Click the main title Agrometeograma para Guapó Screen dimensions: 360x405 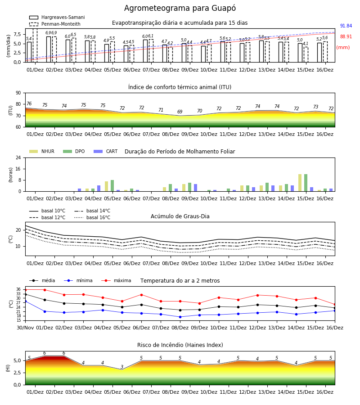point(180,8)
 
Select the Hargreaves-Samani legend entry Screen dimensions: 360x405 point(57,17)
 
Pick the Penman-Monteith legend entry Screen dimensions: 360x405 point(55,24)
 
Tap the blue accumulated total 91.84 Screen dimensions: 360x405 point(346,26)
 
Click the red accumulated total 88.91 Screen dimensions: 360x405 point(346,37)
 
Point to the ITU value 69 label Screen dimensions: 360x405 point(180,112)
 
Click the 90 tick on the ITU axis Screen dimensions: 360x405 point(18,93)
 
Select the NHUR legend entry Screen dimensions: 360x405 point(42,151)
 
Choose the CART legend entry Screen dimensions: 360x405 point(106,151)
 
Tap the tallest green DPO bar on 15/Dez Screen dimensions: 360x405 point(306,183)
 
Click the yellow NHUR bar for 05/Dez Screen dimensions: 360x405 point(106,186)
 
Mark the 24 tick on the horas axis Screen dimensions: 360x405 point(18,158)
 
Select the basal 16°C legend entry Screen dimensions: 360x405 point(92,217)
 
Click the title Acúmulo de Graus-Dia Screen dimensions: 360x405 point(180,216)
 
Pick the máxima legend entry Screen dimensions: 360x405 point(117,280)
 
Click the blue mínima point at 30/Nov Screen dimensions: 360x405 point(25,301)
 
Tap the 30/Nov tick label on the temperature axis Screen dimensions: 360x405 point(25,328)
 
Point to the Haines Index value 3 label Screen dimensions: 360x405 point(122,367)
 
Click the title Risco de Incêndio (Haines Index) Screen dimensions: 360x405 point(180,345)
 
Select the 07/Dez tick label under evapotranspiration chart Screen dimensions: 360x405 point(151,70)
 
